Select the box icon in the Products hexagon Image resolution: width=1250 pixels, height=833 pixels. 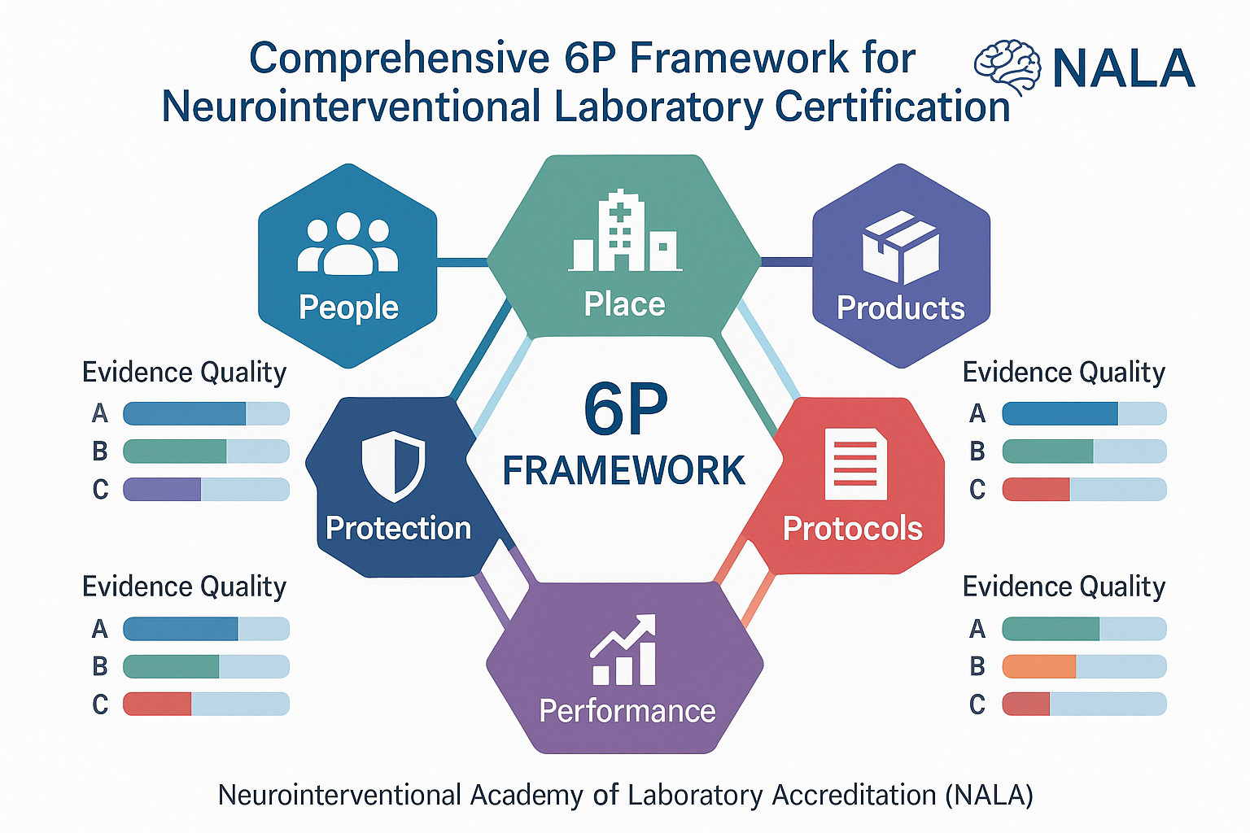point(900,246)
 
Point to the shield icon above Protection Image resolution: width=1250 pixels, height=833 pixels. point(393,466)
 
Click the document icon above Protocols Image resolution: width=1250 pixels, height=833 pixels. point(855,464)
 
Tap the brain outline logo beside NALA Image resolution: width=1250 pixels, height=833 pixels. point(1007,68)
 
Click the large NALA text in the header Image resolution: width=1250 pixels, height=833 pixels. point(1123,69)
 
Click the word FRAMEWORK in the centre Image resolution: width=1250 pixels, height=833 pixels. point(623,471)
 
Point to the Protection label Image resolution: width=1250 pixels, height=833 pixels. point(398,529)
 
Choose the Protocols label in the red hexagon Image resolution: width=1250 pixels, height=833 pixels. point(852,529)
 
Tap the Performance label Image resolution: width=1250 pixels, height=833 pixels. point(627,711)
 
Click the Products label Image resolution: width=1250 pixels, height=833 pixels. point(900,308)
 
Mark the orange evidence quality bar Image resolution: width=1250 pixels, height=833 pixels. point(1039,666)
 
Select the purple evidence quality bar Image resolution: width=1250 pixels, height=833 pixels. point(162,489)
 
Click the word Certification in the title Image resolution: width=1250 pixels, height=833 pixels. point(892,107)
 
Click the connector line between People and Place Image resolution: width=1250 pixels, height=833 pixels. point(461,262)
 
